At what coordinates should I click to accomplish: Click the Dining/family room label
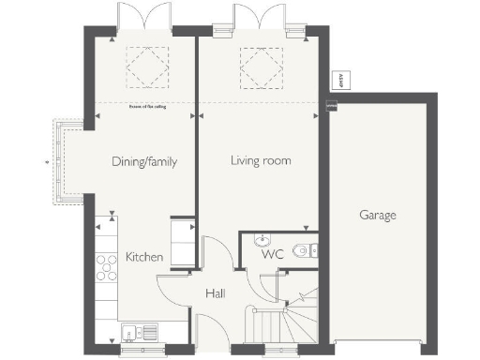[144, 161]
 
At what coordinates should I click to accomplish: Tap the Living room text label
[261, 161]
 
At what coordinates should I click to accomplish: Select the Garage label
[378, 215]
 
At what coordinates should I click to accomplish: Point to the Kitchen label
[144, 257]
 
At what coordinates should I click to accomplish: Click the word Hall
[215, 294]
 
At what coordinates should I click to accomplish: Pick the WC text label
[273, 254]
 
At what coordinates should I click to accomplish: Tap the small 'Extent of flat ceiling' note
[144, 106]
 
